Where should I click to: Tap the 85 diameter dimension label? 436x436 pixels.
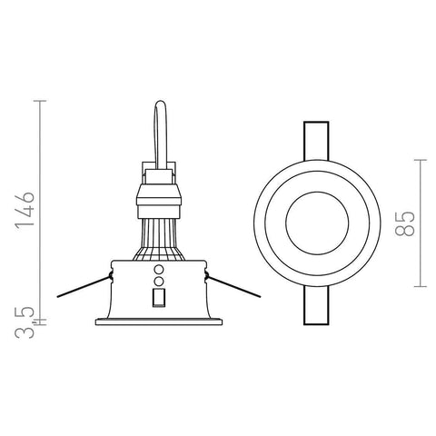coord(405,223)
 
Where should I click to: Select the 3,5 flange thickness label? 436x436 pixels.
coord(25,322)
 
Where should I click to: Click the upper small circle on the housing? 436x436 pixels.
coord(159,269)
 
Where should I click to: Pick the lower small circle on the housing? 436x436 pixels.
coord(159,282)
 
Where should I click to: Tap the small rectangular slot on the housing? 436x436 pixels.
coord(159,298)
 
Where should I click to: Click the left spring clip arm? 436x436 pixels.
coord(84,286)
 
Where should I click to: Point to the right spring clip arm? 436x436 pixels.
coord(233,286)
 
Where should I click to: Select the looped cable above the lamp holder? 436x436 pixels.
coord(161,134)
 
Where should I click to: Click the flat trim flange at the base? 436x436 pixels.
coord(159,322)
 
